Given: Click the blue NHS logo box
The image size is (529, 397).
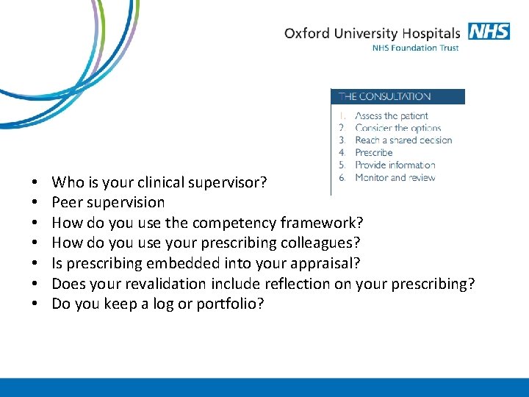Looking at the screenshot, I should coord(488,32).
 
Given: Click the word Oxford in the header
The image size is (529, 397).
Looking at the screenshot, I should coord(305,33).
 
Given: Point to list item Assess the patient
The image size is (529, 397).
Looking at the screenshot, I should coord(391,115).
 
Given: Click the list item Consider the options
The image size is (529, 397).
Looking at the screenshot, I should coord(397,128).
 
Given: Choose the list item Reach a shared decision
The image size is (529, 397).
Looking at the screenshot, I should coord(403,140).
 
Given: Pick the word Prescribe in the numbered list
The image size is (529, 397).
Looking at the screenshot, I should coord(374,153).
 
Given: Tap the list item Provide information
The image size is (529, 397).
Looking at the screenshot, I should coord(395,165).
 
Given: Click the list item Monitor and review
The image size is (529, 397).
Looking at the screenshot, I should coord(395,177).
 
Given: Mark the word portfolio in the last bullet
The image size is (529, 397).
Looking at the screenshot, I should coord(231,304).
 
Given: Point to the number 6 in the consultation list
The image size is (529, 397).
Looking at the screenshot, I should coord(342,177).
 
